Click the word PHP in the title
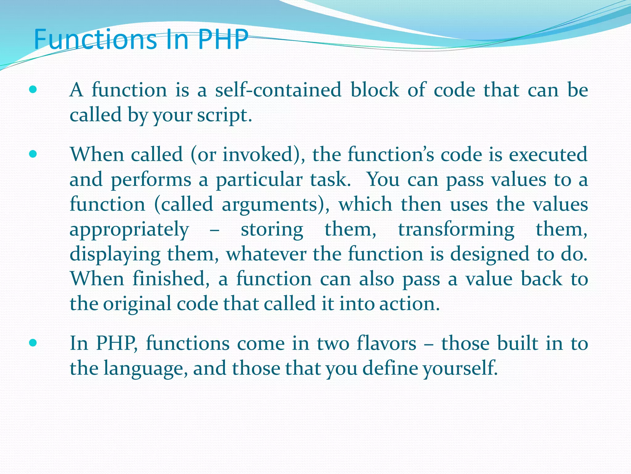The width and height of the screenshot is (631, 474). pos(223,39)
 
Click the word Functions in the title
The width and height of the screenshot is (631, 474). pos(95,39)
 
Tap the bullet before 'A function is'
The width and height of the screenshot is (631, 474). pos(33,90)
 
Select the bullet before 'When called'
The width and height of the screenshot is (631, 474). pos(33,154)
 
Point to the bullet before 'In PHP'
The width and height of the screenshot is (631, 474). pos(33,343)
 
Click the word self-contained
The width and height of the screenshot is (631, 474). pos(278,90)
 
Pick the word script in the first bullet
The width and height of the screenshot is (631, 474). pos(224,115)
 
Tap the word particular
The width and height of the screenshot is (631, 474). pos(259,180)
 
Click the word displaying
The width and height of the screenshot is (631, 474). pos(115,255)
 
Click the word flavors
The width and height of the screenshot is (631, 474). pos(386,343)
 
